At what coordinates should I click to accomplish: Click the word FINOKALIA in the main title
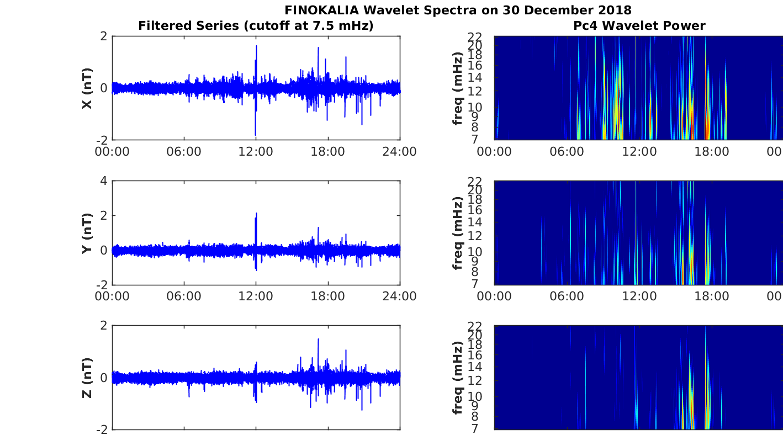[321, 10]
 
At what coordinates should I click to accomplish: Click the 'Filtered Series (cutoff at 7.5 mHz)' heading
[256, 26]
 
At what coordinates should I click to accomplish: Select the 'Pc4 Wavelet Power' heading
[639, 26]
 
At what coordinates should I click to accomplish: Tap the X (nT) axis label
[87, 88]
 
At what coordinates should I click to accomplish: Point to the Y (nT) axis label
[87, 233]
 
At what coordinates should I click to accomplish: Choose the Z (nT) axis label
[87, 378]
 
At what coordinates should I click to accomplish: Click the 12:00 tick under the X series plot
[256, 152]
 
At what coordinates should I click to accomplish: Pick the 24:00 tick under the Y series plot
[400, 296]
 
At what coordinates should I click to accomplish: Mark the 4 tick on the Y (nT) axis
[104, 181]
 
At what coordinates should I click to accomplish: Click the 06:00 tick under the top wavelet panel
[567, 152]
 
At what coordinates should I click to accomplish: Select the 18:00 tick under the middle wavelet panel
[711, 296]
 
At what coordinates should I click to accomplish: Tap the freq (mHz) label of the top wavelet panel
[458, 88]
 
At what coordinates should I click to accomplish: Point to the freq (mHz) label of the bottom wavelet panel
[458, 378]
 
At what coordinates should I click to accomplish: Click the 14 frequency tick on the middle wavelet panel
[475, 222]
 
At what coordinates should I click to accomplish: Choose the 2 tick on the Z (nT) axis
[104, 326]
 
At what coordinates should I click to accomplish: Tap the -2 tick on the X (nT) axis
[102, 140]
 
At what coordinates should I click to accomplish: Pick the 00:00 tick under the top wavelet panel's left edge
[494, 152]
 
